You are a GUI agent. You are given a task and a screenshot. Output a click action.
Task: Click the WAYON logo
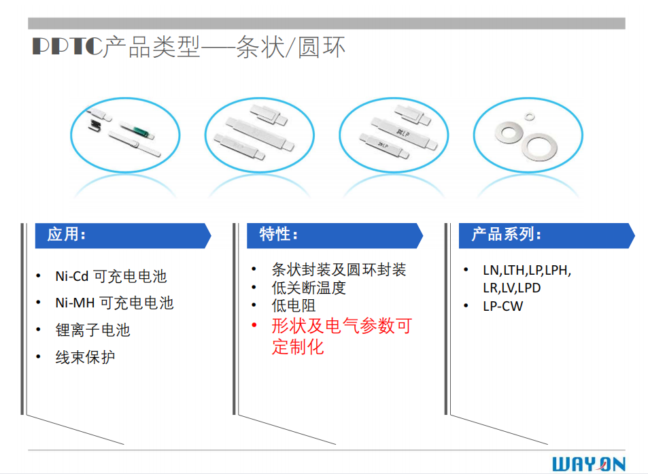tap(588, 464)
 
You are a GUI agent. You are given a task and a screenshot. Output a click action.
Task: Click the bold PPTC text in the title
tap(66, 47)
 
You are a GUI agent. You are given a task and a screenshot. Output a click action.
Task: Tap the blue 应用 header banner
tap(122, 235)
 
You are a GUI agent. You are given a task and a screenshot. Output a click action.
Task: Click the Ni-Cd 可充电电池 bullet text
tap(110, 277)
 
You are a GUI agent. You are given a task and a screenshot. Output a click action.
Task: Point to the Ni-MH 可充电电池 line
tap(114, 303)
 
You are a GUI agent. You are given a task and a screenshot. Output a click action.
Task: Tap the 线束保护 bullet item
tap(84, 357)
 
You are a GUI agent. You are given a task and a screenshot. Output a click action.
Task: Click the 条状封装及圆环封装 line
tap(339, 270)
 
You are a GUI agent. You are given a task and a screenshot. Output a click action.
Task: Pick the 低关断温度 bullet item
tap(309, 288)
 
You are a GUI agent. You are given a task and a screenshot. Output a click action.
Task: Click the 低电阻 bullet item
tap(294, 306)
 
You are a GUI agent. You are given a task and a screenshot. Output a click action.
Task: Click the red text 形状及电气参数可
tap(341, 326)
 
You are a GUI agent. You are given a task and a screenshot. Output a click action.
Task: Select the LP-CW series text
tap(502, 306)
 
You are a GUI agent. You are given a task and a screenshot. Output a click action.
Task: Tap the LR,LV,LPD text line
tap(511, 288)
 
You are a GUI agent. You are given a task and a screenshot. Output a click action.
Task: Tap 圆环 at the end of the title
tap(322, 47)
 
